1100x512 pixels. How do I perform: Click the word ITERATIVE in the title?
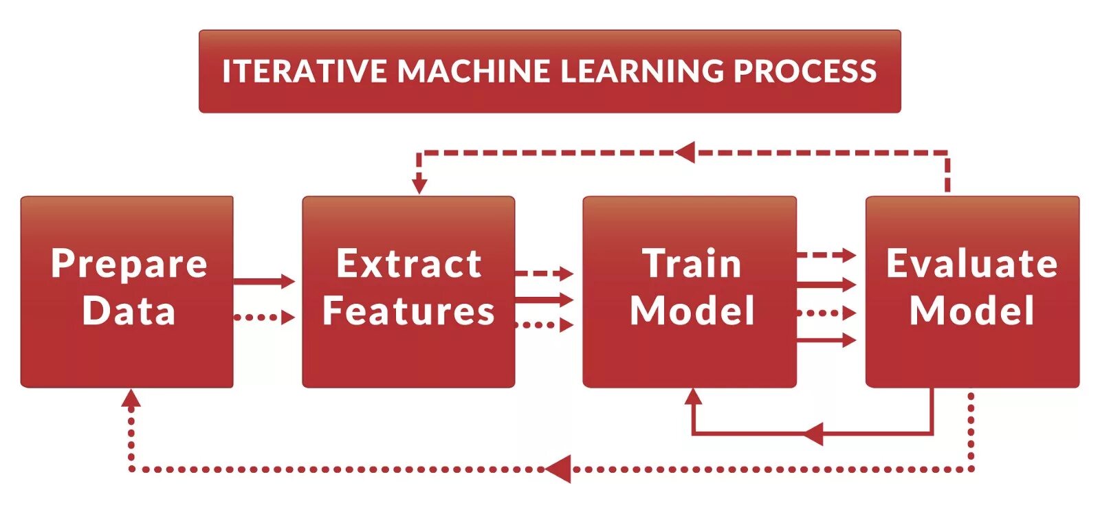click(x=304, y=71)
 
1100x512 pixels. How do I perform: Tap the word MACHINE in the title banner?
click(x=474, y=71)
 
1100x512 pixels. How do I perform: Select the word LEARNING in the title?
click(x=641, y=71)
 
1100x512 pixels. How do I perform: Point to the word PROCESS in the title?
click(x=805, y=71)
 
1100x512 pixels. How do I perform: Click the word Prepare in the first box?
click(x=129, y=265)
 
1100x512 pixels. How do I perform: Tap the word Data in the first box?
click(x=129, y=311)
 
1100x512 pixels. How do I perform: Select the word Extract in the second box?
click(x=409, y=264)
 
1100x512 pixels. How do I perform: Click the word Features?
click(x=409, y=311)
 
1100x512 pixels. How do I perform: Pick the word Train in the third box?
click(x=692, y=264)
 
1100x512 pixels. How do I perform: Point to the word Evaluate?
click(x=971, y=264)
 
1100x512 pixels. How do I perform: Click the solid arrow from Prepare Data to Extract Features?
click(x=264, y=281)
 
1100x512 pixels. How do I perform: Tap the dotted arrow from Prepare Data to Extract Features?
click(x=264, y=318)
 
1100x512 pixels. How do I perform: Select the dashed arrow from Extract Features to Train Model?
click(x=544, y=274)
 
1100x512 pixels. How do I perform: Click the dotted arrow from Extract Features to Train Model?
click(x=544, y=325)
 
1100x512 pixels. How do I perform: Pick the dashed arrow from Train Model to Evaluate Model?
click(x=826, y=256)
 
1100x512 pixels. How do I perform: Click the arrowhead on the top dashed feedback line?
click(x=685, y=153)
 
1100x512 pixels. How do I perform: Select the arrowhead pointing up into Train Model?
click(x=693, y=397)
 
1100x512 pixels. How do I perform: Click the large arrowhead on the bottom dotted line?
click(x=558, y=469)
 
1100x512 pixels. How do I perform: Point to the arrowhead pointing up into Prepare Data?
click(x=131, y=398)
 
